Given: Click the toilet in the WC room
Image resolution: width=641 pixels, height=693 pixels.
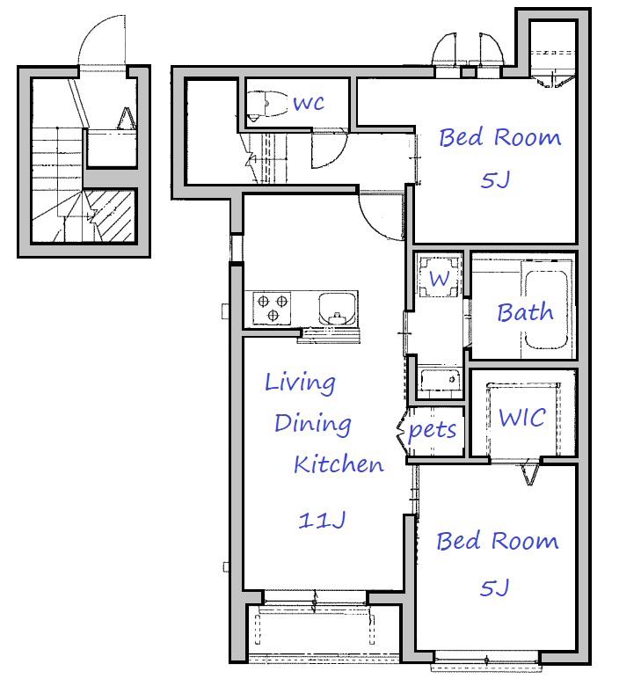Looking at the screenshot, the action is point(266,105).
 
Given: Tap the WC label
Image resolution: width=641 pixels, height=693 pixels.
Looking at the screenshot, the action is point(309,103).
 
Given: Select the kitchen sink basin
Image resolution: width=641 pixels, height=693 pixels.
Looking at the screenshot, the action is point(338,308).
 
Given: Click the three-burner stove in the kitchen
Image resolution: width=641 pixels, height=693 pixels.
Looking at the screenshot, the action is point(272,308).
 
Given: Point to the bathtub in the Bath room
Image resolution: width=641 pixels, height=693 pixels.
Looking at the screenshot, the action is point(545,310).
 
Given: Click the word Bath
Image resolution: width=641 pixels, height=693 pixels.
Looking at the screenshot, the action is point(525,312).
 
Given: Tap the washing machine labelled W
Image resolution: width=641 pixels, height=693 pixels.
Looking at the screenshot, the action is point(439,277).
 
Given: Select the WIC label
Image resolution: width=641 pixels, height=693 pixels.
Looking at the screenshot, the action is point(522,418).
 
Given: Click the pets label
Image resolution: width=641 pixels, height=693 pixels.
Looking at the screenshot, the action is point(432,430).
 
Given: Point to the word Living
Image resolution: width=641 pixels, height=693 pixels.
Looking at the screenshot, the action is point(301,383).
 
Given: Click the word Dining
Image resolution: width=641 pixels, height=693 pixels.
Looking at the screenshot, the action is point(313,424).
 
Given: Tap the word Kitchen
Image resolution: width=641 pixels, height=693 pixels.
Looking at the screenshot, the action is point(339,464).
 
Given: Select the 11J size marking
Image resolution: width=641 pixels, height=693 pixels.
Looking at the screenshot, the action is point(322,521).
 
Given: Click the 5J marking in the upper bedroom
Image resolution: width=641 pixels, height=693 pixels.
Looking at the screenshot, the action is point(495,180).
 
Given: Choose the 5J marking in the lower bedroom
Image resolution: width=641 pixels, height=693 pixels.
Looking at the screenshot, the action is point(494,587).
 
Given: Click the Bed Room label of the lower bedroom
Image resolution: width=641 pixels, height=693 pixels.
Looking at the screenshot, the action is point(498,541).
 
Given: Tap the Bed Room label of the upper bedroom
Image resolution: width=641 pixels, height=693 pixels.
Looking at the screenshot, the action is point(500,137).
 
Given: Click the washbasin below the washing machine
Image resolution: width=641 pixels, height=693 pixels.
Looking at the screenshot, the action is point(440,379).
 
